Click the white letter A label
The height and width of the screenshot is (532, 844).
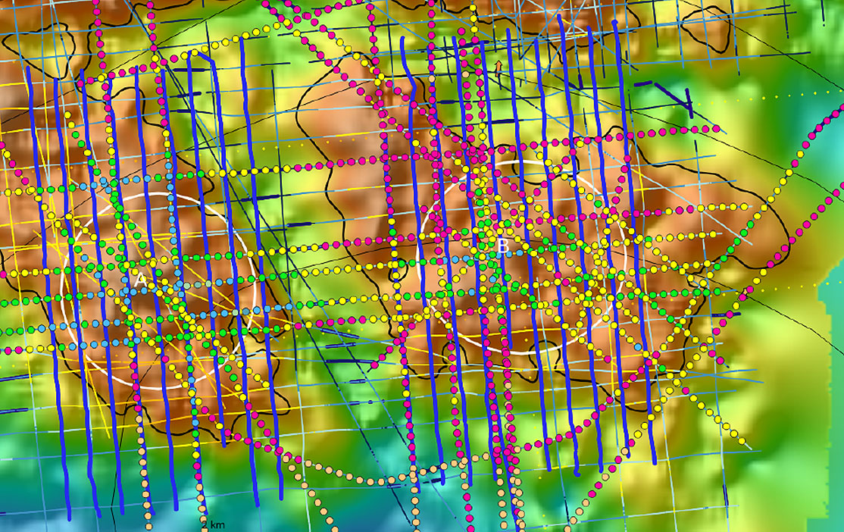coord(140,280)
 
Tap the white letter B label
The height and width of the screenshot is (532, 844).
coord(503,246)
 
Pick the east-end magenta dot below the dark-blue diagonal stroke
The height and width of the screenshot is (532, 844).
coord(716,129)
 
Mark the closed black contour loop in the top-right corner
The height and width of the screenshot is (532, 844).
coord(705,27)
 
